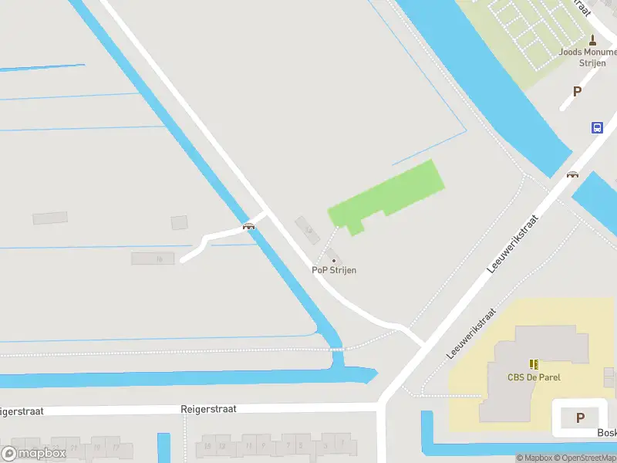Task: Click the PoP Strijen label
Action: (334, 270)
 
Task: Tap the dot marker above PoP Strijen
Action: (334, 260)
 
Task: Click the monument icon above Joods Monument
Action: (592, 39)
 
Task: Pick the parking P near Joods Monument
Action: (577, 91)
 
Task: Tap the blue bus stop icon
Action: (597, 128)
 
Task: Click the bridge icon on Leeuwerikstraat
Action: (572, 174)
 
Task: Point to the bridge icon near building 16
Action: (248, 226)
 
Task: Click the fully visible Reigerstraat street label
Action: (208, 409)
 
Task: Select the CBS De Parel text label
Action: (534, 377)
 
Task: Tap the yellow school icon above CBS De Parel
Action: (534, 364)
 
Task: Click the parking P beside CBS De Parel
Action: (580, 418)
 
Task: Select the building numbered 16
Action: (152, 259)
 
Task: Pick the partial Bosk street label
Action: (606, 433)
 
